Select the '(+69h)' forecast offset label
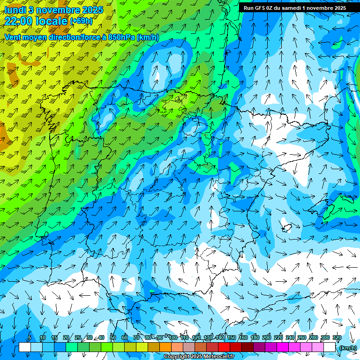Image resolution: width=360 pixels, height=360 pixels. pyautogui.click(x=81, y=21)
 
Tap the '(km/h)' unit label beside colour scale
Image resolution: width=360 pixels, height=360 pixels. pyautogui.click(x=348, y=348)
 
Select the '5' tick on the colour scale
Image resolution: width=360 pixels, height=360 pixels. pyautogui.click(x=30, y=338)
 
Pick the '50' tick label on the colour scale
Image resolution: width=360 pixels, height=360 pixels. pyautogui.click(x=113, y=338)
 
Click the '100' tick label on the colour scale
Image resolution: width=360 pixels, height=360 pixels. pyautogui.click(x=172, y=338)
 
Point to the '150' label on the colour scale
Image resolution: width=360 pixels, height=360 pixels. pyautogui.click(x=232, y=338)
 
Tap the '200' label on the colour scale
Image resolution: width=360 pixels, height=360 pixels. pyautogui.click(x=267, y=338)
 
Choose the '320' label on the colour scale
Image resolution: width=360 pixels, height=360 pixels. pyautogui.click(x=337, y=338)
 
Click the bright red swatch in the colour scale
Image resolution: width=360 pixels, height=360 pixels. pyautogui.click(x=224, y=347)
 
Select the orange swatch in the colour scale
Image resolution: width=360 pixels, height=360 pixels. pyautogui.click(x=165, y=347)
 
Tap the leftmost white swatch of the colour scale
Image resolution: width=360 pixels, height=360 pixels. pyautogui.click(x=25, y=347)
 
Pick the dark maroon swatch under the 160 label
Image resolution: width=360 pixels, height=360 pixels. pyautogui.click(x=247, y=347)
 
